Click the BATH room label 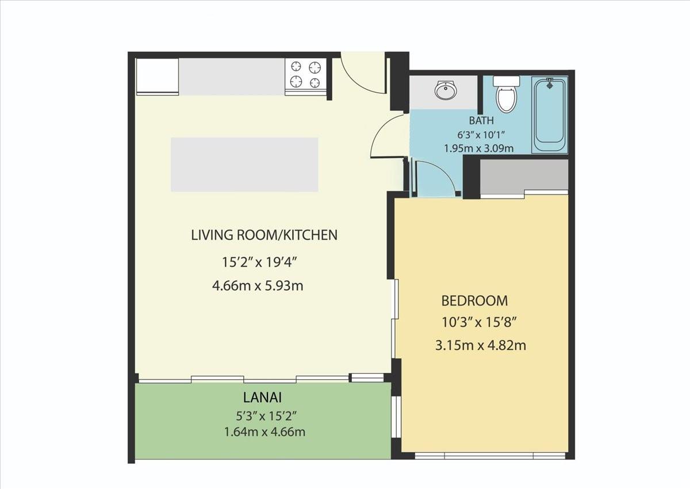pos(481,120)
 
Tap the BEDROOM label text pos(475,301)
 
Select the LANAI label pos(262,398)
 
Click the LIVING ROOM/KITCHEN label pos(264,235)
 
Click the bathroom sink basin pos(446,90)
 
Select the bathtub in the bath pos(550,114)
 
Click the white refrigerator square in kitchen pos(158,76)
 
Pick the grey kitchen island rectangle pos(244,165)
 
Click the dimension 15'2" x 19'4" pos(259,262)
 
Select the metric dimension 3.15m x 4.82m pos(481,345)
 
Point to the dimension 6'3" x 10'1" pos(481,135)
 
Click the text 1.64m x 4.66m pos(265,432)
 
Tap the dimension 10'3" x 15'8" pos(478,323)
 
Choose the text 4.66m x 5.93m pos(258,286)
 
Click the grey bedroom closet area pos(524,175)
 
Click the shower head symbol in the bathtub pos(550,83)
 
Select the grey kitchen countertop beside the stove pos(232,77)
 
